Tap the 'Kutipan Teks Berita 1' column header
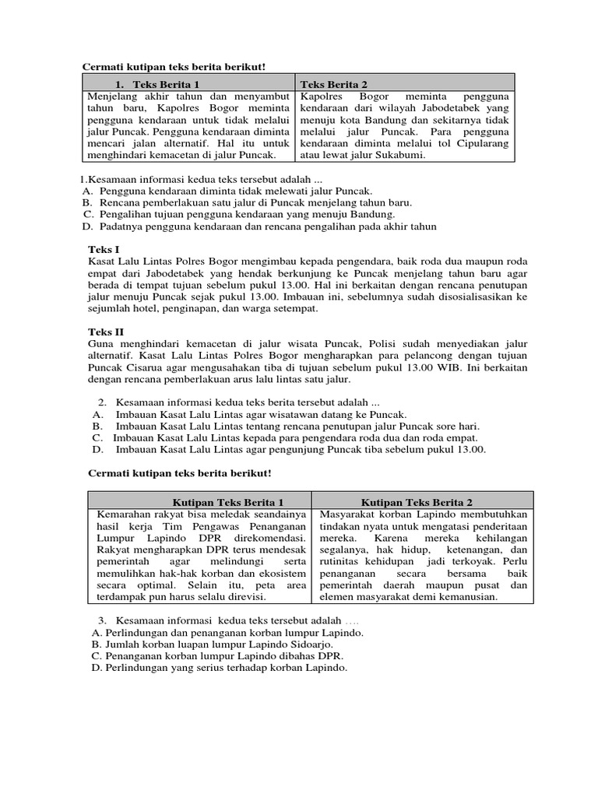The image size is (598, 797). point(227,502)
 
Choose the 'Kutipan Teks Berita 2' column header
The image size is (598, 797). point(417,502)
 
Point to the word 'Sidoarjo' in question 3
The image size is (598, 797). point(307,644)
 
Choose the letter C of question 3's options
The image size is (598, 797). point(96,656)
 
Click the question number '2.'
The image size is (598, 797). point(102,402)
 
